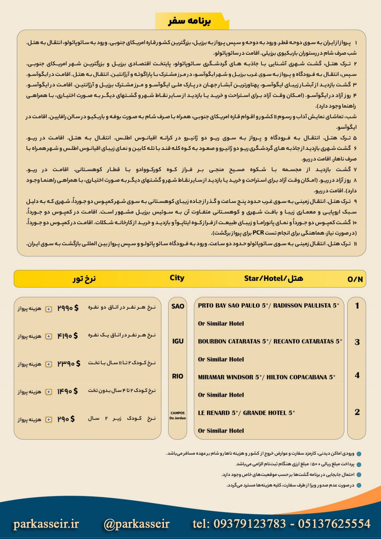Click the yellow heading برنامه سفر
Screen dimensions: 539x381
click(x=192, y=21)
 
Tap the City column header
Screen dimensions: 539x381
click(x=177, y=278)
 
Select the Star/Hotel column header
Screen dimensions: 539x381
click(x=274, y=278)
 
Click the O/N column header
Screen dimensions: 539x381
click(x=355, y=279)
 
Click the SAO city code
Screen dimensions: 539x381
click(x=178, y=306)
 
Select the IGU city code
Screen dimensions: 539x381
click(x=178, y=341)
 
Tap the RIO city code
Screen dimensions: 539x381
click(x=178, y=376)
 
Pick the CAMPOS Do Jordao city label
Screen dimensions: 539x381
click(x=178, y=415)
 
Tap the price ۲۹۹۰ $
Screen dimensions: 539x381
click(x=68, y=308)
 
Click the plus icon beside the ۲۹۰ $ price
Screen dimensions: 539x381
click(x=48, y=419)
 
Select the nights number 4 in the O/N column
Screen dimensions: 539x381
click(x=357, y=375)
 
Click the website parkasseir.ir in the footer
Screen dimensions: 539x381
click(x=46, y=523)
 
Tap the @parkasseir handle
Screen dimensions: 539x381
click(x=136, y=523)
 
